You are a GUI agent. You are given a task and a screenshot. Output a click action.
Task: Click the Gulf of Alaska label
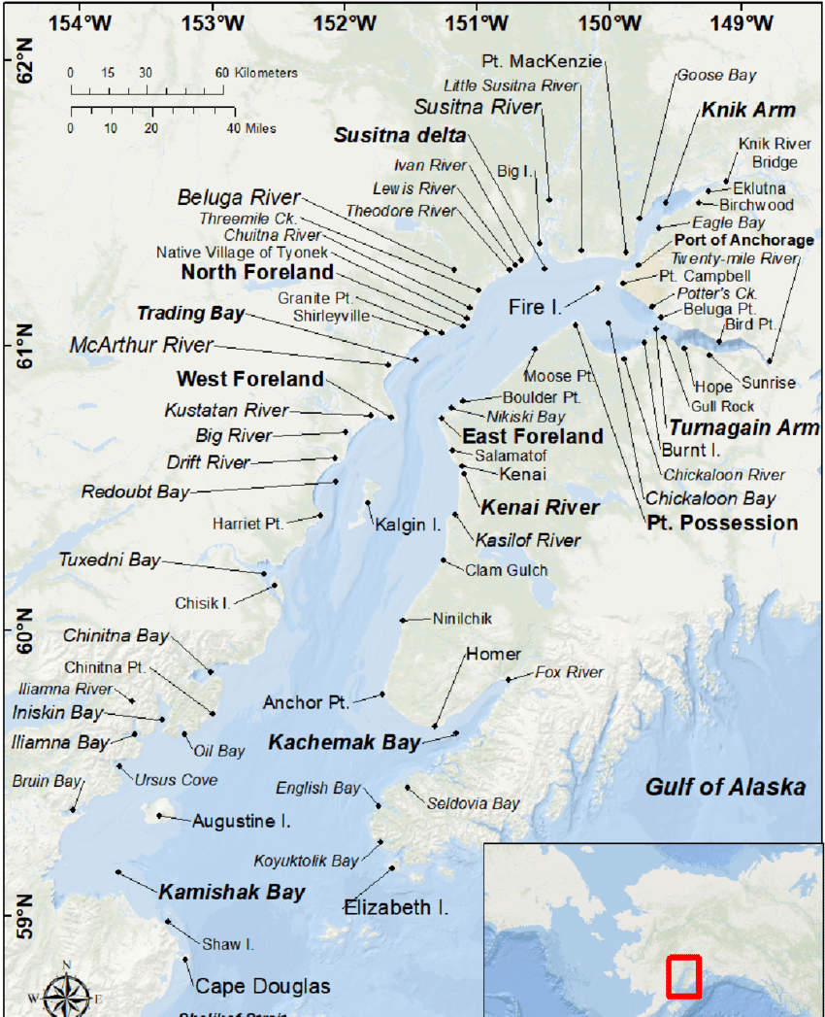click(725, 787)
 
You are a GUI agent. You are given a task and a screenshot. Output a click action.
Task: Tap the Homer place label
click(493, 654)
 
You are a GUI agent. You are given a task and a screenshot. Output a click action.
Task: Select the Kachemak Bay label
click(345, 742)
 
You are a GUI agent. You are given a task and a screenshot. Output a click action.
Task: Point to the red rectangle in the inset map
click(683, 976)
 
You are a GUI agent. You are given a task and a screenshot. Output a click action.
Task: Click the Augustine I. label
click(242, 821)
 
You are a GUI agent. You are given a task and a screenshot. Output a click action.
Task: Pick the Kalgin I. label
click(409, 525)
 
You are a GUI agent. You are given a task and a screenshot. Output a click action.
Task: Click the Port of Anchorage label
click(744, 240)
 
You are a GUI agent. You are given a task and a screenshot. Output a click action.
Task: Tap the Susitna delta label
click(400, 135)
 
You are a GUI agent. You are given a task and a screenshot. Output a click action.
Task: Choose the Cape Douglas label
click(263, 986)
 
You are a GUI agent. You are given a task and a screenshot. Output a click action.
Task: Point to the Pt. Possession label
click(722, 523)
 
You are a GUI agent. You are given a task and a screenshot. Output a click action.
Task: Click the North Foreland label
click(257, 272)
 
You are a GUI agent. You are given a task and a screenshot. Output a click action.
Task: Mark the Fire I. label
click(535, 307)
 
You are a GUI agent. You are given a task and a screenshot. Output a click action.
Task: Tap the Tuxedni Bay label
click(110, 559)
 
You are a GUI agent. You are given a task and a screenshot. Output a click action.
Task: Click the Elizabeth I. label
click(396, 907)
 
